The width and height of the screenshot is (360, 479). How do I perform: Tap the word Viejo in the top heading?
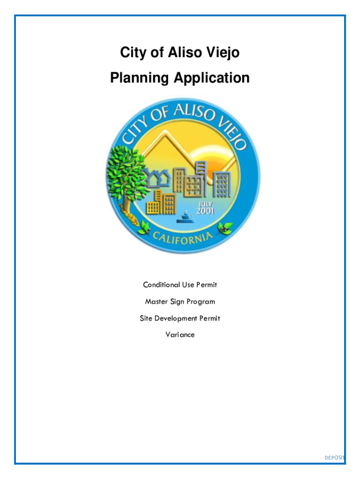point(223,53)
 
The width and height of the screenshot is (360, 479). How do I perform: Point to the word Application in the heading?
point(212,78)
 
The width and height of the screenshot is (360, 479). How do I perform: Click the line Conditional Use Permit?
point(180,285)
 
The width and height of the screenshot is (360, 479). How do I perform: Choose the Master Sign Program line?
point(180,302)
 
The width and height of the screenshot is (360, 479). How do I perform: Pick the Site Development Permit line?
point(180,319)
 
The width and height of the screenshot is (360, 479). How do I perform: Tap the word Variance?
point(180,335)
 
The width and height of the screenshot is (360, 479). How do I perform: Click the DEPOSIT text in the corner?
point(334,457)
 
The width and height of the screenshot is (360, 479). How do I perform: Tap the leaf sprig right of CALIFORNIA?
point(227,228)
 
